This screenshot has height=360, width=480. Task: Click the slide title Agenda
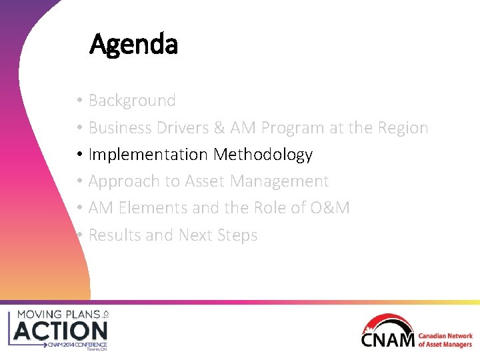pyautogui.click(x=133, y=45)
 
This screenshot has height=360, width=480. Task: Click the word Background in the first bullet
pyautogui.click(x=132, y=101)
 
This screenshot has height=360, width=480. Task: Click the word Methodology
pyautogui.click(x=263, y=155)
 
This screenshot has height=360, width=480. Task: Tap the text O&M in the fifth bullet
pyautogui.click(x=329, y=208)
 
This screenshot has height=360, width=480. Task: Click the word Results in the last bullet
pyautogui.click(x=113, y=235)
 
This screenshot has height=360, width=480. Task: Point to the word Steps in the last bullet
pyautogui.click(x=237, y=235)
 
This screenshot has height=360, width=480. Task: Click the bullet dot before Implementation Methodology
pyautogui.click(x=79, y=155)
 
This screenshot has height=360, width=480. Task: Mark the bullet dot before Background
pyautogui.click(x=79, y=101)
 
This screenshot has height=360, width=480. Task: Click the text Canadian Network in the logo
pyautogui.click(x=445, y=337)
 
